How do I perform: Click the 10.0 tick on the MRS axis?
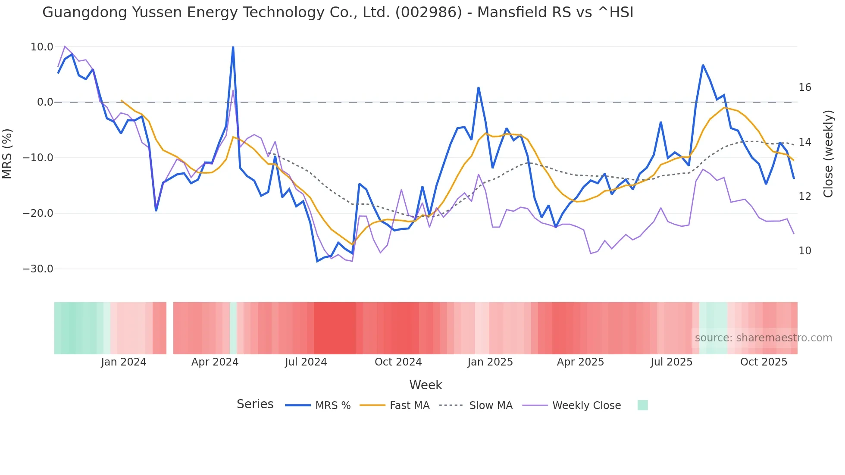(41, 47)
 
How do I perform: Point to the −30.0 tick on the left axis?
(38, 269)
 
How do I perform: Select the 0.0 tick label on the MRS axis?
(45, 103)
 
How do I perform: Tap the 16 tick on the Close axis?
(804, 87)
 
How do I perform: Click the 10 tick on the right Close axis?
(804, 251)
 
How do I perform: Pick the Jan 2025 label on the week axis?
(490, 362)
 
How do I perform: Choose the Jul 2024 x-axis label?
(306, 362)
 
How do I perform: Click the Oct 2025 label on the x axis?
(764, 362)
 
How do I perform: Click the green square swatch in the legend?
(642, 405)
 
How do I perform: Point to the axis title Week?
(426, 385)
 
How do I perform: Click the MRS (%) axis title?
(7, 154)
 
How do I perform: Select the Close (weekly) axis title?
(828, 154)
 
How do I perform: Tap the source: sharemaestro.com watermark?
(763, 338)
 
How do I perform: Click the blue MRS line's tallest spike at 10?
(233, 47)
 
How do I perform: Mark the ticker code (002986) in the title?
(429, 12)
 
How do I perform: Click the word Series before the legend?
(255, 404)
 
